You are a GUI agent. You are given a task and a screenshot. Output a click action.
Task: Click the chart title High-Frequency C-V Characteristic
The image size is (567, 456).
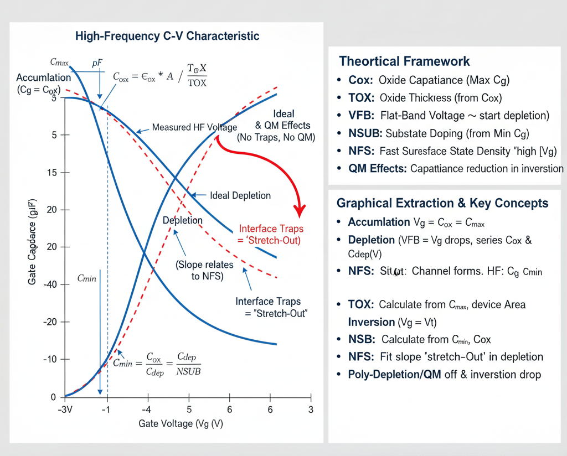point(167,37)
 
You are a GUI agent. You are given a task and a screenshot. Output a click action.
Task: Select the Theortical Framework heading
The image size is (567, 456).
point(404,61)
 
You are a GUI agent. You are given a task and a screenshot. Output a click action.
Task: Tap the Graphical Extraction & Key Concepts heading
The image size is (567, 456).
point(442,203)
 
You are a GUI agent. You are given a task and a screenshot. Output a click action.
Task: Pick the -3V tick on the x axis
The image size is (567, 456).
point(65,410)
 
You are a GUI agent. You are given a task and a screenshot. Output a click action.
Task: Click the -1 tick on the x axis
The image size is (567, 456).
point(105,410)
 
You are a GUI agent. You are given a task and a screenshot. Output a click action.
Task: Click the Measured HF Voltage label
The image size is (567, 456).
point(194,128)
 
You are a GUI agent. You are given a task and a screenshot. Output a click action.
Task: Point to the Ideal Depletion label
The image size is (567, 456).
point(240,195)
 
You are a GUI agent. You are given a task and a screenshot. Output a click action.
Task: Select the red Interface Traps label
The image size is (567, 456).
point(271,235)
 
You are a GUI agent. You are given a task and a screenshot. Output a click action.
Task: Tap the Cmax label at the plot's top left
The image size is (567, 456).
point(59,63)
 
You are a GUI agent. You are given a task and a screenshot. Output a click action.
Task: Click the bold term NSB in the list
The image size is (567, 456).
point(361,339)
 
